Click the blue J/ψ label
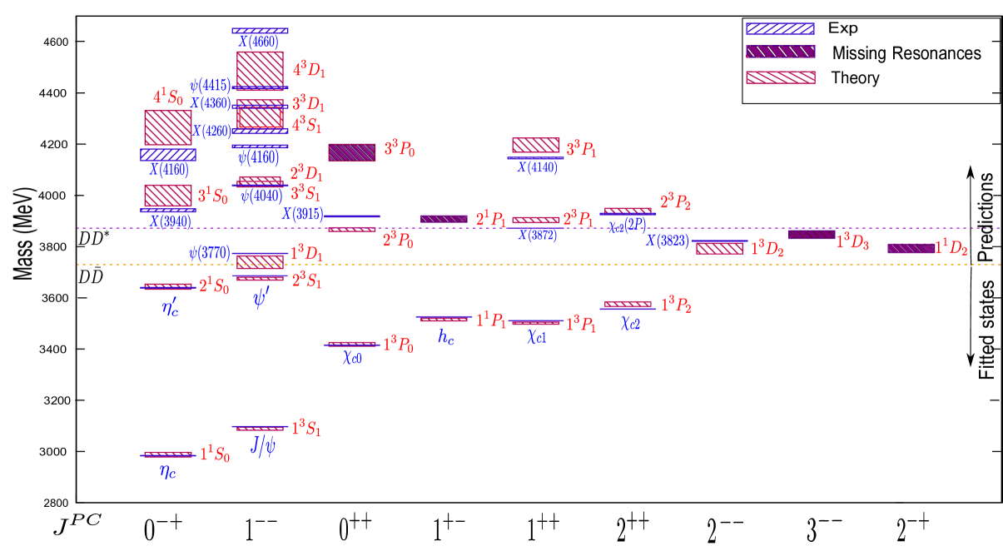(263, 446)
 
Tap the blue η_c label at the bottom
(168, 471)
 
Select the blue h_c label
(446, 336)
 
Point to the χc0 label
(352, 358)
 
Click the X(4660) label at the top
(259, 42)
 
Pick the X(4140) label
(537, 168)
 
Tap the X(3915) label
(302, 214)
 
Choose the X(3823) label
(668, 241)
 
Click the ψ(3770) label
(209, 253)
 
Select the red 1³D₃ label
(852, 241)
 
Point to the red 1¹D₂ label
(951, 248)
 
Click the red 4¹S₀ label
(167, 97)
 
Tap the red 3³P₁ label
(581, 150)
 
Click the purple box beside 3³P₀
(351, 152)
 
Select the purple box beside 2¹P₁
(444, 219)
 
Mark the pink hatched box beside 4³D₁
(260, 68)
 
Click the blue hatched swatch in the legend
(780, 28)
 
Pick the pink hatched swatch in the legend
(780, 77)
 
